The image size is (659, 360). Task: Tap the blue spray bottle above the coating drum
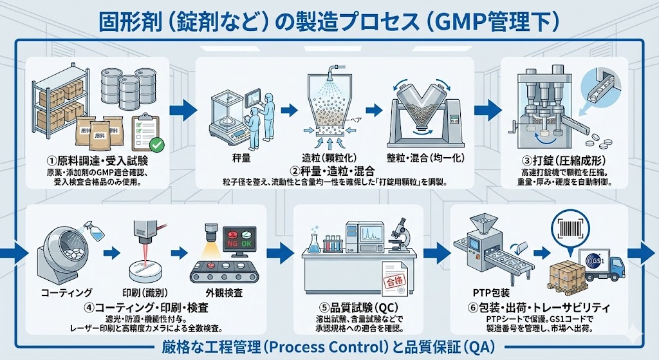[x=93, y=232]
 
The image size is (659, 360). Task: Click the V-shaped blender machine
[x=423, y=118]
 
